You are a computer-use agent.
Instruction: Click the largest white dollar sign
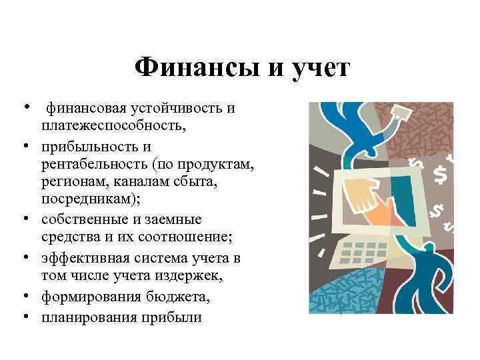(441, 175)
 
